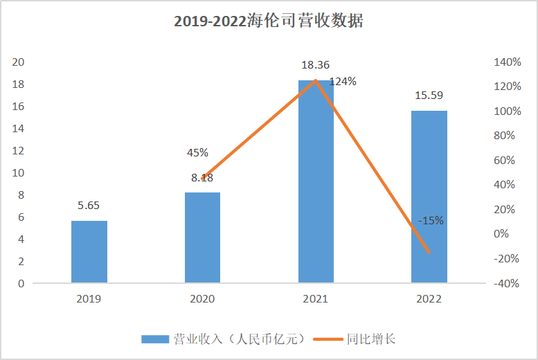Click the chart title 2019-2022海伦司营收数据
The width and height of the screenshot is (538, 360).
point(269,21)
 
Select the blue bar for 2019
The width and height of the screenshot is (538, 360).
point(89,251)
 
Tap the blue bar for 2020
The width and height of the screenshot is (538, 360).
point(202,237)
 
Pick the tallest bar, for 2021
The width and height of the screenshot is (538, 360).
point(316,181)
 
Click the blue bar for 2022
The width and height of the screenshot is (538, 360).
point(429,197)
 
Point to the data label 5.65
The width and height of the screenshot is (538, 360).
point(89,206)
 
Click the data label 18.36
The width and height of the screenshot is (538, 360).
point(315,65)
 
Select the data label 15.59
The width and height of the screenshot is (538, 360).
point(429,96)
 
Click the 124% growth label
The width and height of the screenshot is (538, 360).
point(343,82)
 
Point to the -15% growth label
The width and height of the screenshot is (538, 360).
point(431,221)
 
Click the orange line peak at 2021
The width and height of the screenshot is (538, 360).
point(316,80)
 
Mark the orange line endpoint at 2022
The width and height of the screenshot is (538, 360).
point(429,252)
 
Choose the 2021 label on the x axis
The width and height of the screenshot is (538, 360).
point(316,299)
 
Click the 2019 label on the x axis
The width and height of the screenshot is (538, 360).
point(89,299)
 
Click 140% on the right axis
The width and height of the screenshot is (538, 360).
point(507,62)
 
